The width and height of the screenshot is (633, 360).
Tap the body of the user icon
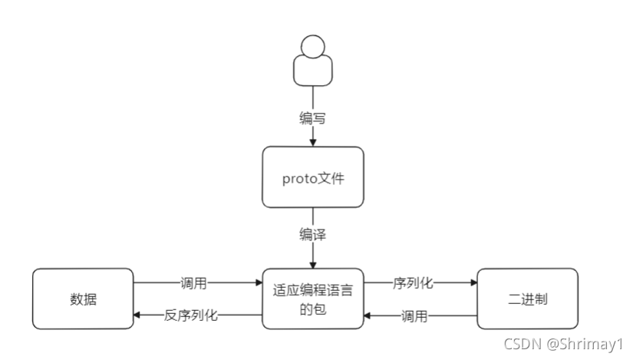[x=312, y=71]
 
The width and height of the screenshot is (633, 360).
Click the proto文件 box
[x=313, y=177]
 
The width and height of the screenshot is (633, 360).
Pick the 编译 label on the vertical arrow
[x=313, y=235]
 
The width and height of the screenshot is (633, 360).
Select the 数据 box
[x=82, y=299]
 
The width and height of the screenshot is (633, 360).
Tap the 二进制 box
[x=527, y=299]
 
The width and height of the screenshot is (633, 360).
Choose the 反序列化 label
[x=191, y=315]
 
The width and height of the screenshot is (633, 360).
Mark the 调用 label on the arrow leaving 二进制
[x=414, y=315]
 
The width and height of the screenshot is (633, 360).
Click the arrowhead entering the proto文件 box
[x=313, y=142]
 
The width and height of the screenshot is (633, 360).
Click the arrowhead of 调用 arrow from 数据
[x=258, y=282]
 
